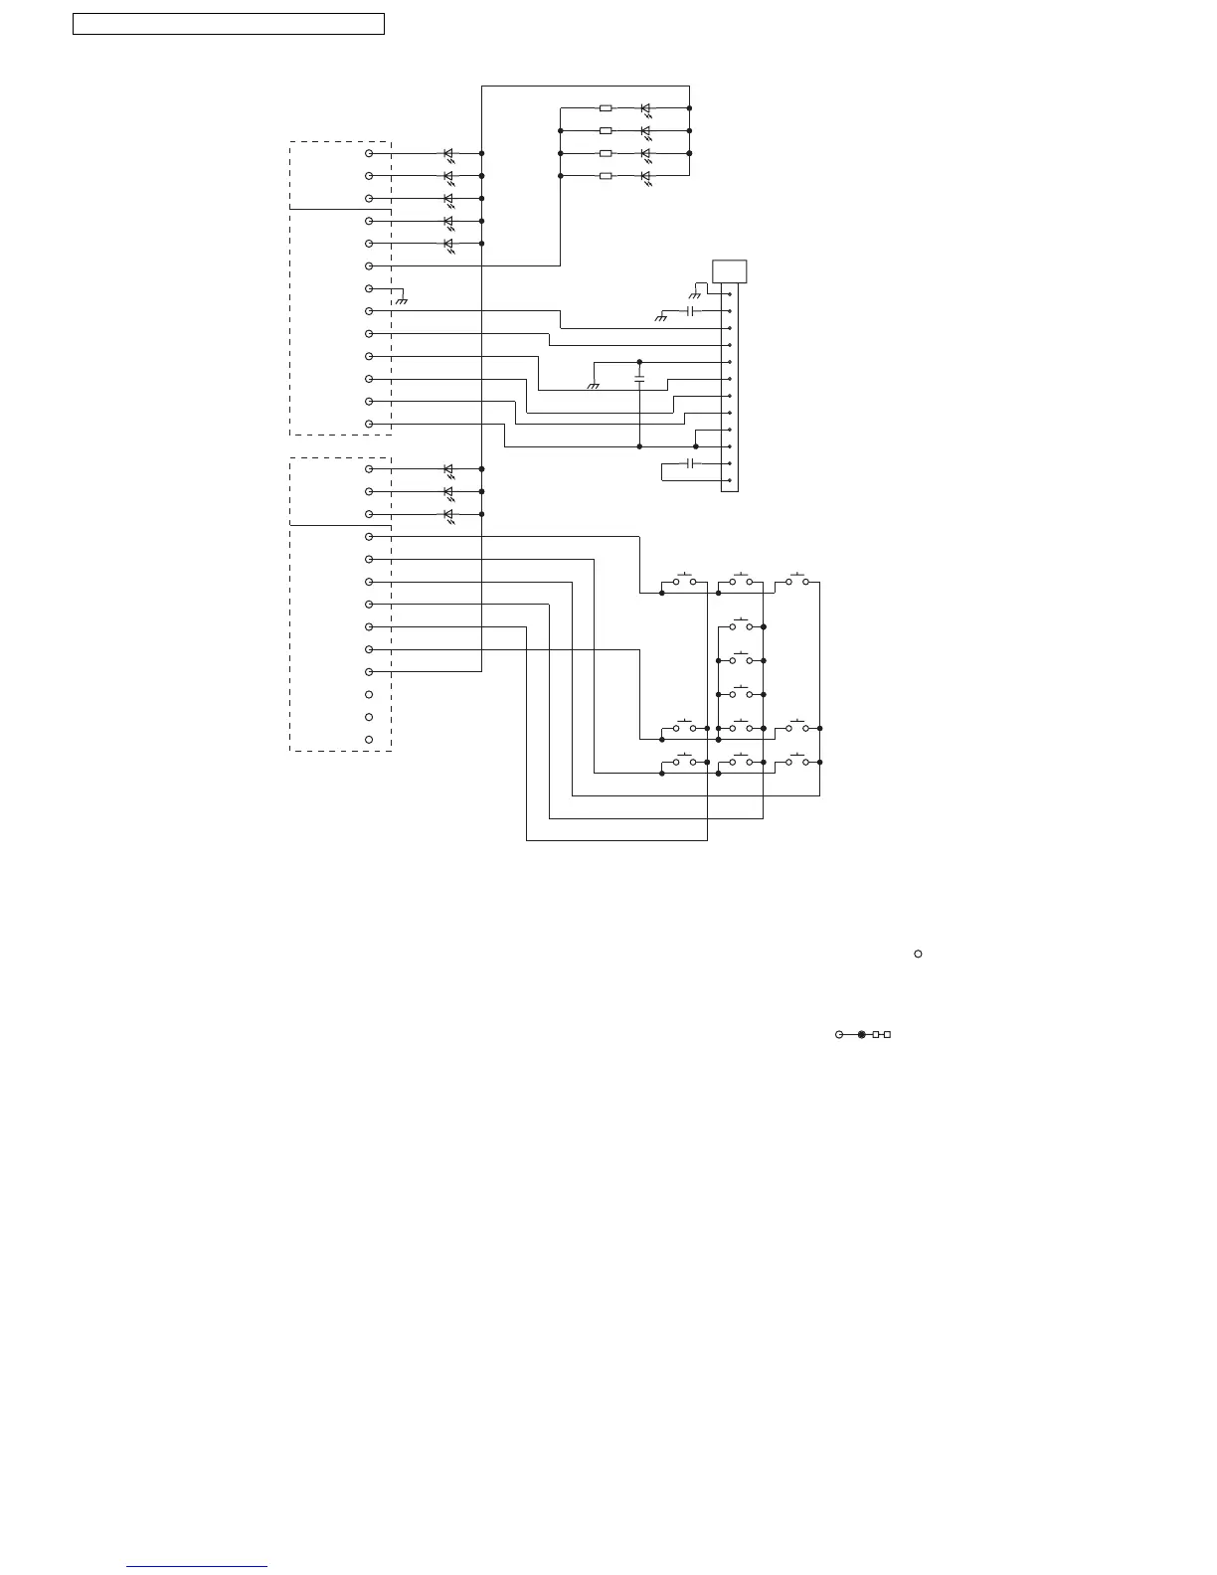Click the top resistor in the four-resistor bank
pyautogui.click(x=606, y=108)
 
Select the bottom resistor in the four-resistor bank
pyautogui.click(x=606, y=176)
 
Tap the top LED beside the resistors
pyautogui.click(x=645, y=108)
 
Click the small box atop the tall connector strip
pyautogui.click(x=730, y=271)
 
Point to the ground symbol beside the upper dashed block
pyautogui.click(x=401, y=299)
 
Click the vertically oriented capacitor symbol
pyautogui.click(x=639, y=379)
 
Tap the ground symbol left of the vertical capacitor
pyautogui.click(x=594, y=386)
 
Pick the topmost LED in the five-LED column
pyautogui.click(x=448, y=154)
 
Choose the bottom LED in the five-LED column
pyautogui.click(x=448, y=244)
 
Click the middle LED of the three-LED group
pyautogui.click(x=448, y=491)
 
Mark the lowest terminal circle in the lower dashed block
pyautogui.click(x=369, y=740)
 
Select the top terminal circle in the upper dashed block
pyautogui.click(x=369, y=153)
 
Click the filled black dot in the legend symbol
pyautogui.click(x=862, y=1035)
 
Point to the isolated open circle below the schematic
pyautogui.click(x=918, y=954)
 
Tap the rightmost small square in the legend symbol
pyautogui.click(x=887, y=1035)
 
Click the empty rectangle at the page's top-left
pyautogui.click(x=229, y=24)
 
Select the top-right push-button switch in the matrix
pyautogui.click(x=797, y=581)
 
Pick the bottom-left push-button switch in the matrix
pyautogui.click(x=684, y=762)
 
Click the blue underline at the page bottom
pyautogui.click(x=197, y=1567)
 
